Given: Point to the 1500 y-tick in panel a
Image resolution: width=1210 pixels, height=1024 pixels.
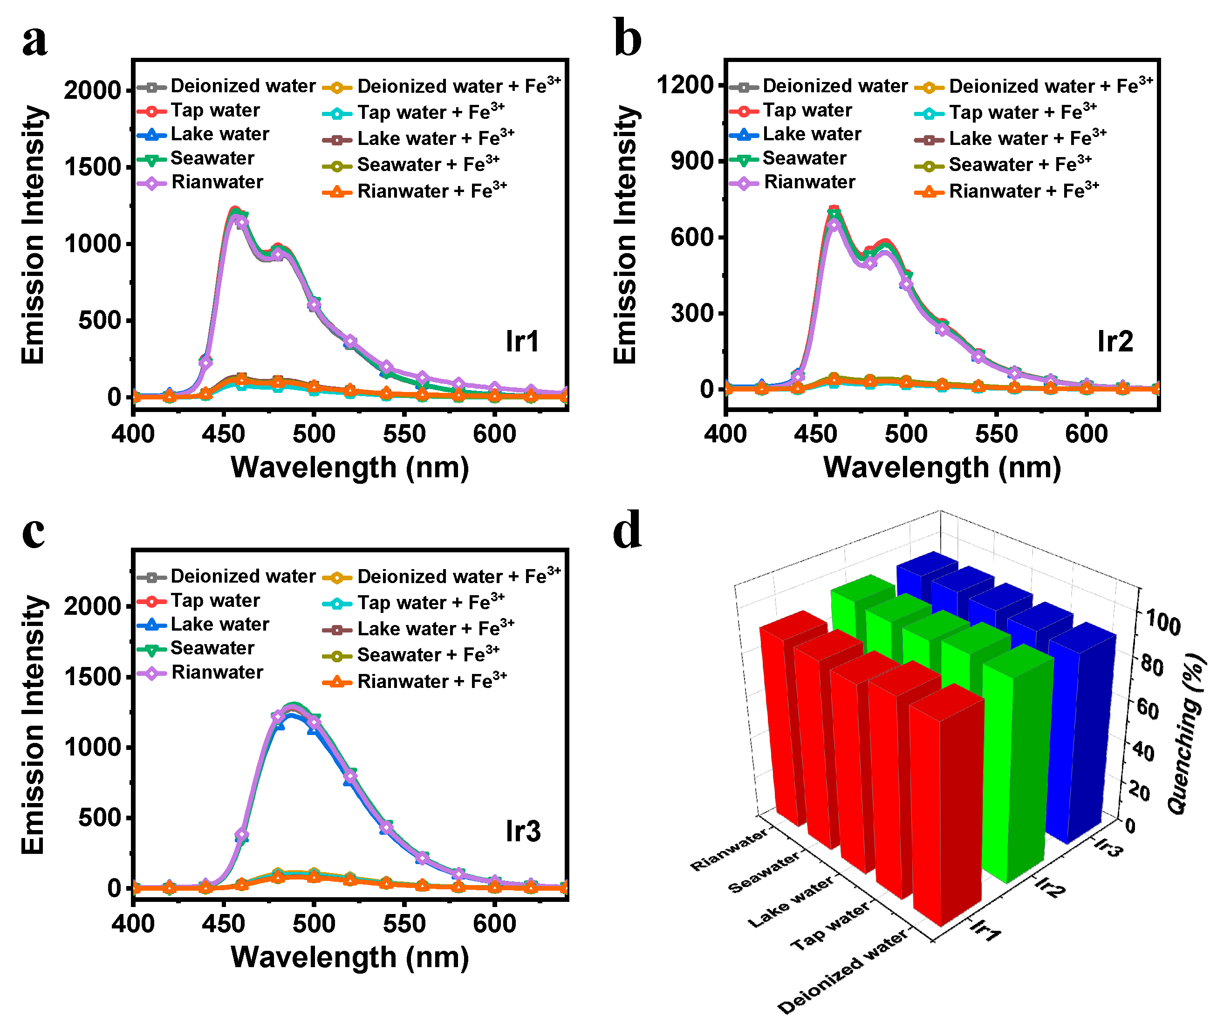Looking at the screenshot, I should coord(92,167).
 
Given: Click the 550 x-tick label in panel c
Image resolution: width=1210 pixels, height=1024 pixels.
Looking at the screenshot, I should coord(404,924).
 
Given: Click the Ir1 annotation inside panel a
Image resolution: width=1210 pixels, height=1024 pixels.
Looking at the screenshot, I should coord(522,341).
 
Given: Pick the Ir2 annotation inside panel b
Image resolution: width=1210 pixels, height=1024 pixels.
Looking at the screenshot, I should coord(1114,341).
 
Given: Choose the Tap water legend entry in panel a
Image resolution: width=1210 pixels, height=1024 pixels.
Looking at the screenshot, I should coord(215,110).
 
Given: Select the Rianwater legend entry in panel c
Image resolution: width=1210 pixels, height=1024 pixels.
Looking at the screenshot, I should coord(217,672).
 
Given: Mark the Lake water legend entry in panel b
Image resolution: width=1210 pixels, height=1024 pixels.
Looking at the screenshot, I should coord(811,134).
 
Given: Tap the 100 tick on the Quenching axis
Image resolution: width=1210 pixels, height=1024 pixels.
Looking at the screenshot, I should coord(1163,624).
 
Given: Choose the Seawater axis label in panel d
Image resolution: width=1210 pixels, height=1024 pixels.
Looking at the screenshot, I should coord(763,873).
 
